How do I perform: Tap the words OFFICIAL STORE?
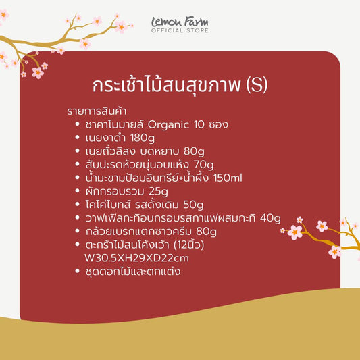coord(179,31)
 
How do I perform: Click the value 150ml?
coord(228,178)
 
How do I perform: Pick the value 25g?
coord(159,192)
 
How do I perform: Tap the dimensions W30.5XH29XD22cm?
coord(136,258)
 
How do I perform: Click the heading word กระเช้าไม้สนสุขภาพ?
coord(166,86)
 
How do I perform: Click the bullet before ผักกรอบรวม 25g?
coord(78,192)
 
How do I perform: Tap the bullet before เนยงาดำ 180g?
coord(78,138)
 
